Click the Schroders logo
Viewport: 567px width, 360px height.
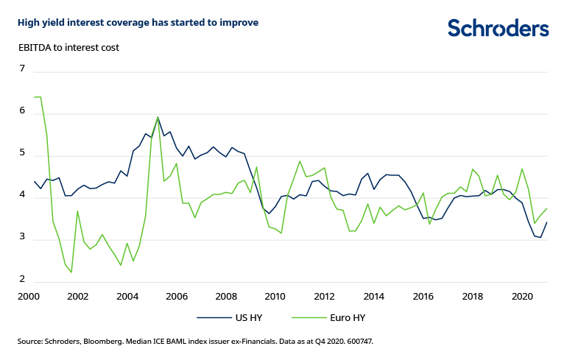498,29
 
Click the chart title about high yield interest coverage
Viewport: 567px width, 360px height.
138,22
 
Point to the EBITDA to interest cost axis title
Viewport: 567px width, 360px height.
68,47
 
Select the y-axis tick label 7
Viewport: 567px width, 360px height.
22,69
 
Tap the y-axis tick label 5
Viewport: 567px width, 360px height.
22,154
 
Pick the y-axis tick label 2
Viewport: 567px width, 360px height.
22,280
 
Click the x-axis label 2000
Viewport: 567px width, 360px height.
28,297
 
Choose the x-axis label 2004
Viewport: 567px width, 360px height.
127,297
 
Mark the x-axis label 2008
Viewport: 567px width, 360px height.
226,297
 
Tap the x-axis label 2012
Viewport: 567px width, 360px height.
325,297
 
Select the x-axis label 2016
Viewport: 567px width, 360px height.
424,297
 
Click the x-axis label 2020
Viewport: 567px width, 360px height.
523,297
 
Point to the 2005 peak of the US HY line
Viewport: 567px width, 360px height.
158,118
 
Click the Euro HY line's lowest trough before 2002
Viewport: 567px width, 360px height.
71,272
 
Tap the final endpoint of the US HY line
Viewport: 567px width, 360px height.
547,222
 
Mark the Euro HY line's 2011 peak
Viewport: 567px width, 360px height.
300,161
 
